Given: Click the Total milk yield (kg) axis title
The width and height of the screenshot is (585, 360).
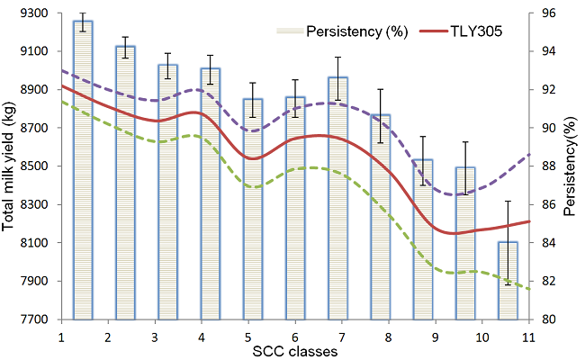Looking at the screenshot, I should click(11, 166).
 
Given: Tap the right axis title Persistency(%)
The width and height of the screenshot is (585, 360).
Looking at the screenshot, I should click(571, 166).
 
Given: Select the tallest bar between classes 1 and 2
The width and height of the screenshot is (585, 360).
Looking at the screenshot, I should click(83, 171).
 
